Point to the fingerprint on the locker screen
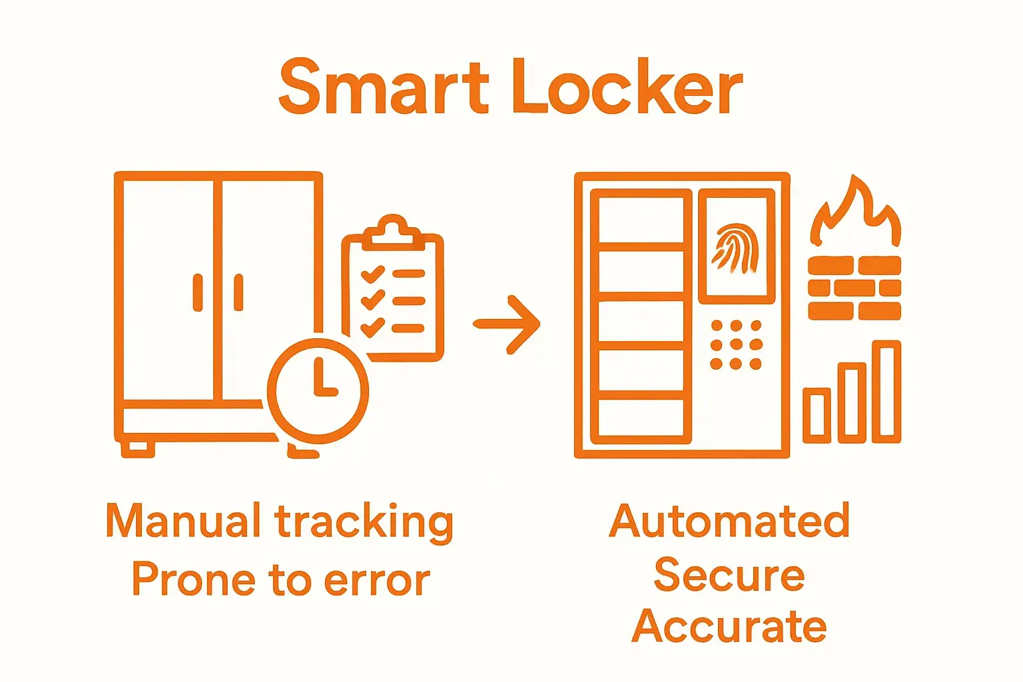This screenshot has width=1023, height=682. (x=735, y=249)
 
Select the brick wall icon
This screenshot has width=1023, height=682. (x=854, y=288)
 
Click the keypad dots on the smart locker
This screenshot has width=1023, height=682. (x=735, y=344)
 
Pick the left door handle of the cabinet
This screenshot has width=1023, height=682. (x=198, y=292)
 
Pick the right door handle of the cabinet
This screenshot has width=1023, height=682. (x=238, y=292)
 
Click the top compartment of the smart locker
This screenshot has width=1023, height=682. (x=641, y=216)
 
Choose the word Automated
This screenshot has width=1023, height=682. (x=729, y=521)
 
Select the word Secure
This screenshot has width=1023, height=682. (x=729, y=574)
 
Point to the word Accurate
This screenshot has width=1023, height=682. (x=729, y=627)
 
